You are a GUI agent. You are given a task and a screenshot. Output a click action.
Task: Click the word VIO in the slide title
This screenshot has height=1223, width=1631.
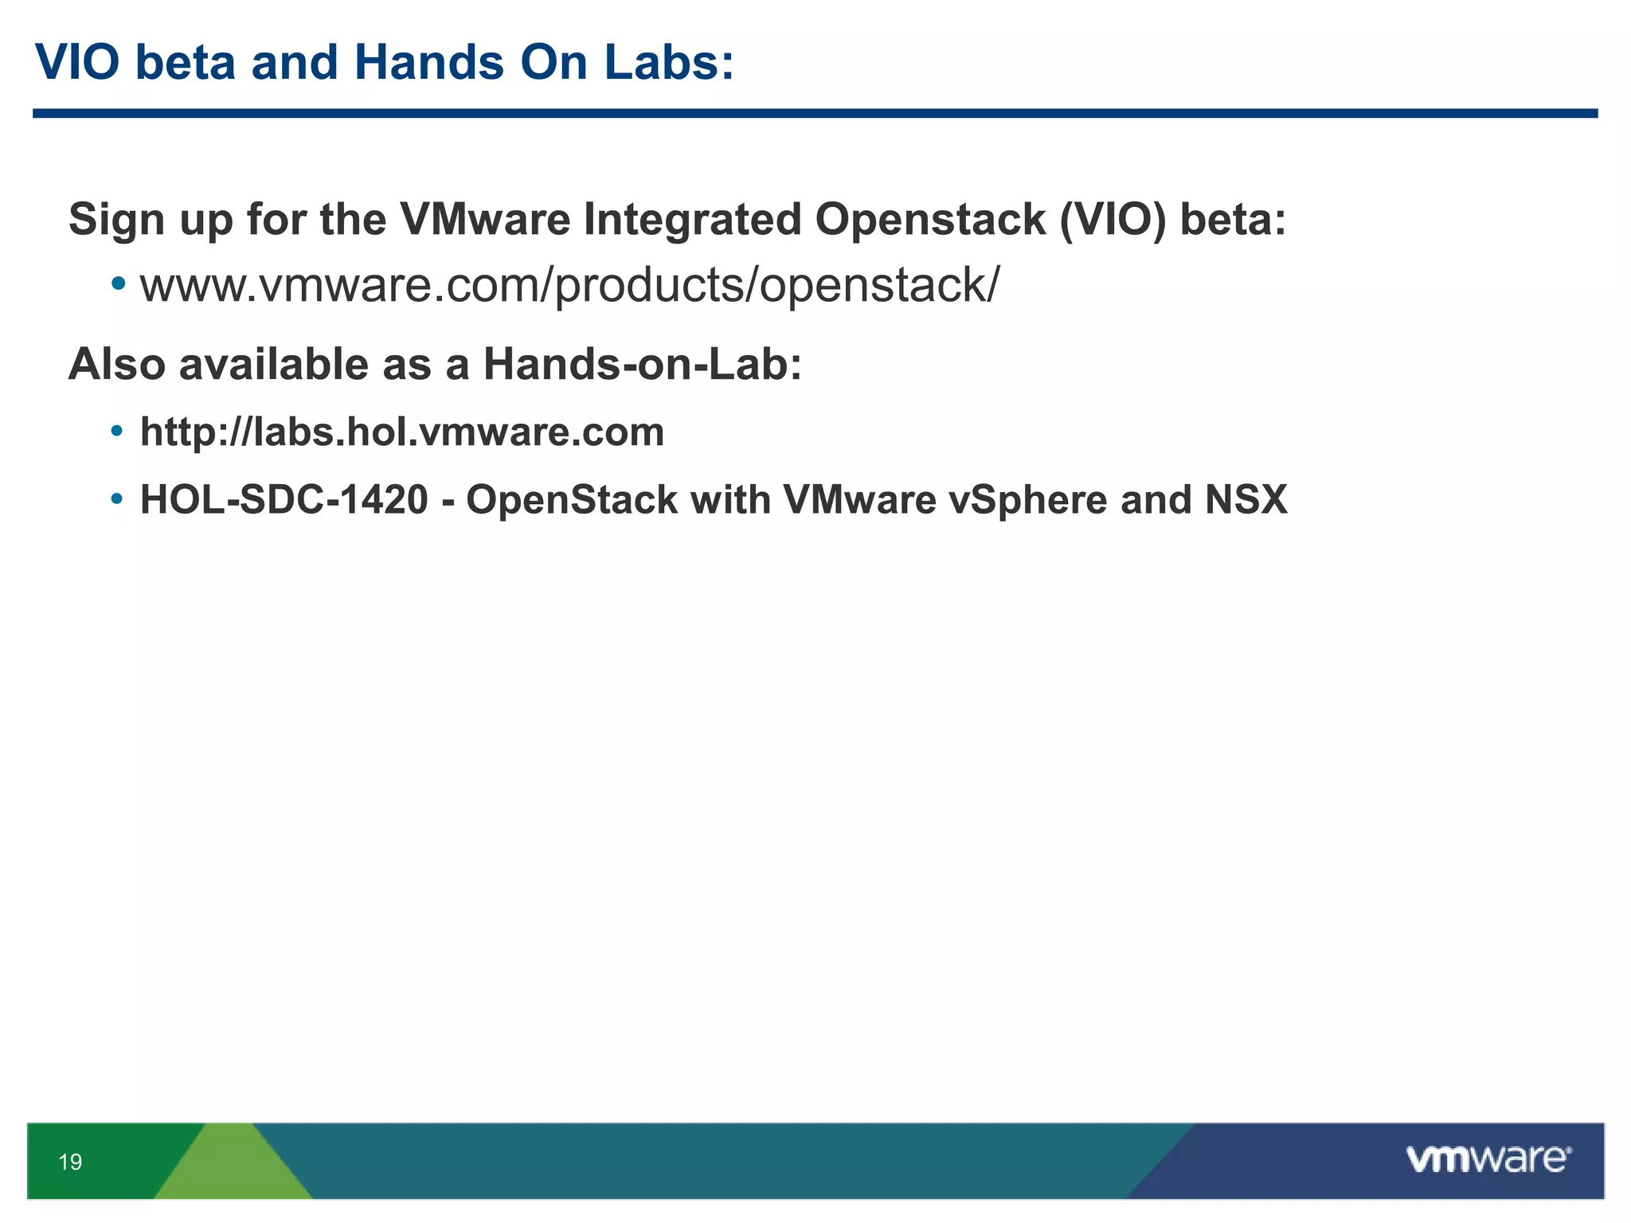[x=77, y=62]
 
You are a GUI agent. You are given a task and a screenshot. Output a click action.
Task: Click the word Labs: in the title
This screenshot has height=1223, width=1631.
[x=668, y=62]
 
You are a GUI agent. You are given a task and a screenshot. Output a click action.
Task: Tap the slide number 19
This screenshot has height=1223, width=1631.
[x=70, y=1162]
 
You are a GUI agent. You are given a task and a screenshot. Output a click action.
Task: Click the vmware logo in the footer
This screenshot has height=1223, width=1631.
[x=1488, y=1159]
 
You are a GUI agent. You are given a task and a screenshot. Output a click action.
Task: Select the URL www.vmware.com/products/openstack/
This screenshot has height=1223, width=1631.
[x=569, y=285]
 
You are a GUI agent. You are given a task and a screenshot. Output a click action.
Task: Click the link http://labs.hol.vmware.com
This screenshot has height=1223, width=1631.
[x=402, y=432]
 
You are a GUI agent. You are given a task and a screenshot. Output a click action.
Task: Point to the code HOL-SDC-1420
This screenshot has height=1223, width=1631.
[x=284, y=500]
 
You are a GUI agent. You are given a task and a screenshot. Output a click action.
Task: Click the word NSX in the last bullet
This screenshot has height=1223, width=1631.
[x=1246, y=500]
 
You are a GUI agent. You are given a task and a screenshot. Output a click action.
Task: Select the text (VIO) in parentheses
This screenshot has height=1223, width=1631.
[x=1112, y=219]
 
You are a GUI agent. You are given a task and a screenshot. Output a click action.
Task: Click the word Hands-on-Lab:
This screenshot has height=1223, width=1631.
[x=642, y=365]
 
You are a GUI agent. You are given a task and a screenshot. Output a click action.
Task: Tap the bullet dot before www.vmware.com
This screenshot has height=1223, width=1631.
[x=118, y=283]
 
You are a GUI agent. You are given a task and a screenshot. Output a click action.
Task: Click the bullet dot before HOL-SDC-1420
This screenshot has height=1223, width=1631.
[x=117, y=499]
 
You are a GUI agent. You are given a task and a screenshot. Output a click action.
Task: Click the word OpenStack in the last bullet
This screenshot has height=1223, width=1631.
[x=572, y=500]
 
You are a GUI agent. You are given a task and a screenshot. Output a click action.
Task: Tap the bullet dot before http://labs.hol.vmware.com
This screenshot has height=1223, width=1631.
[x=117, y=432]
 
